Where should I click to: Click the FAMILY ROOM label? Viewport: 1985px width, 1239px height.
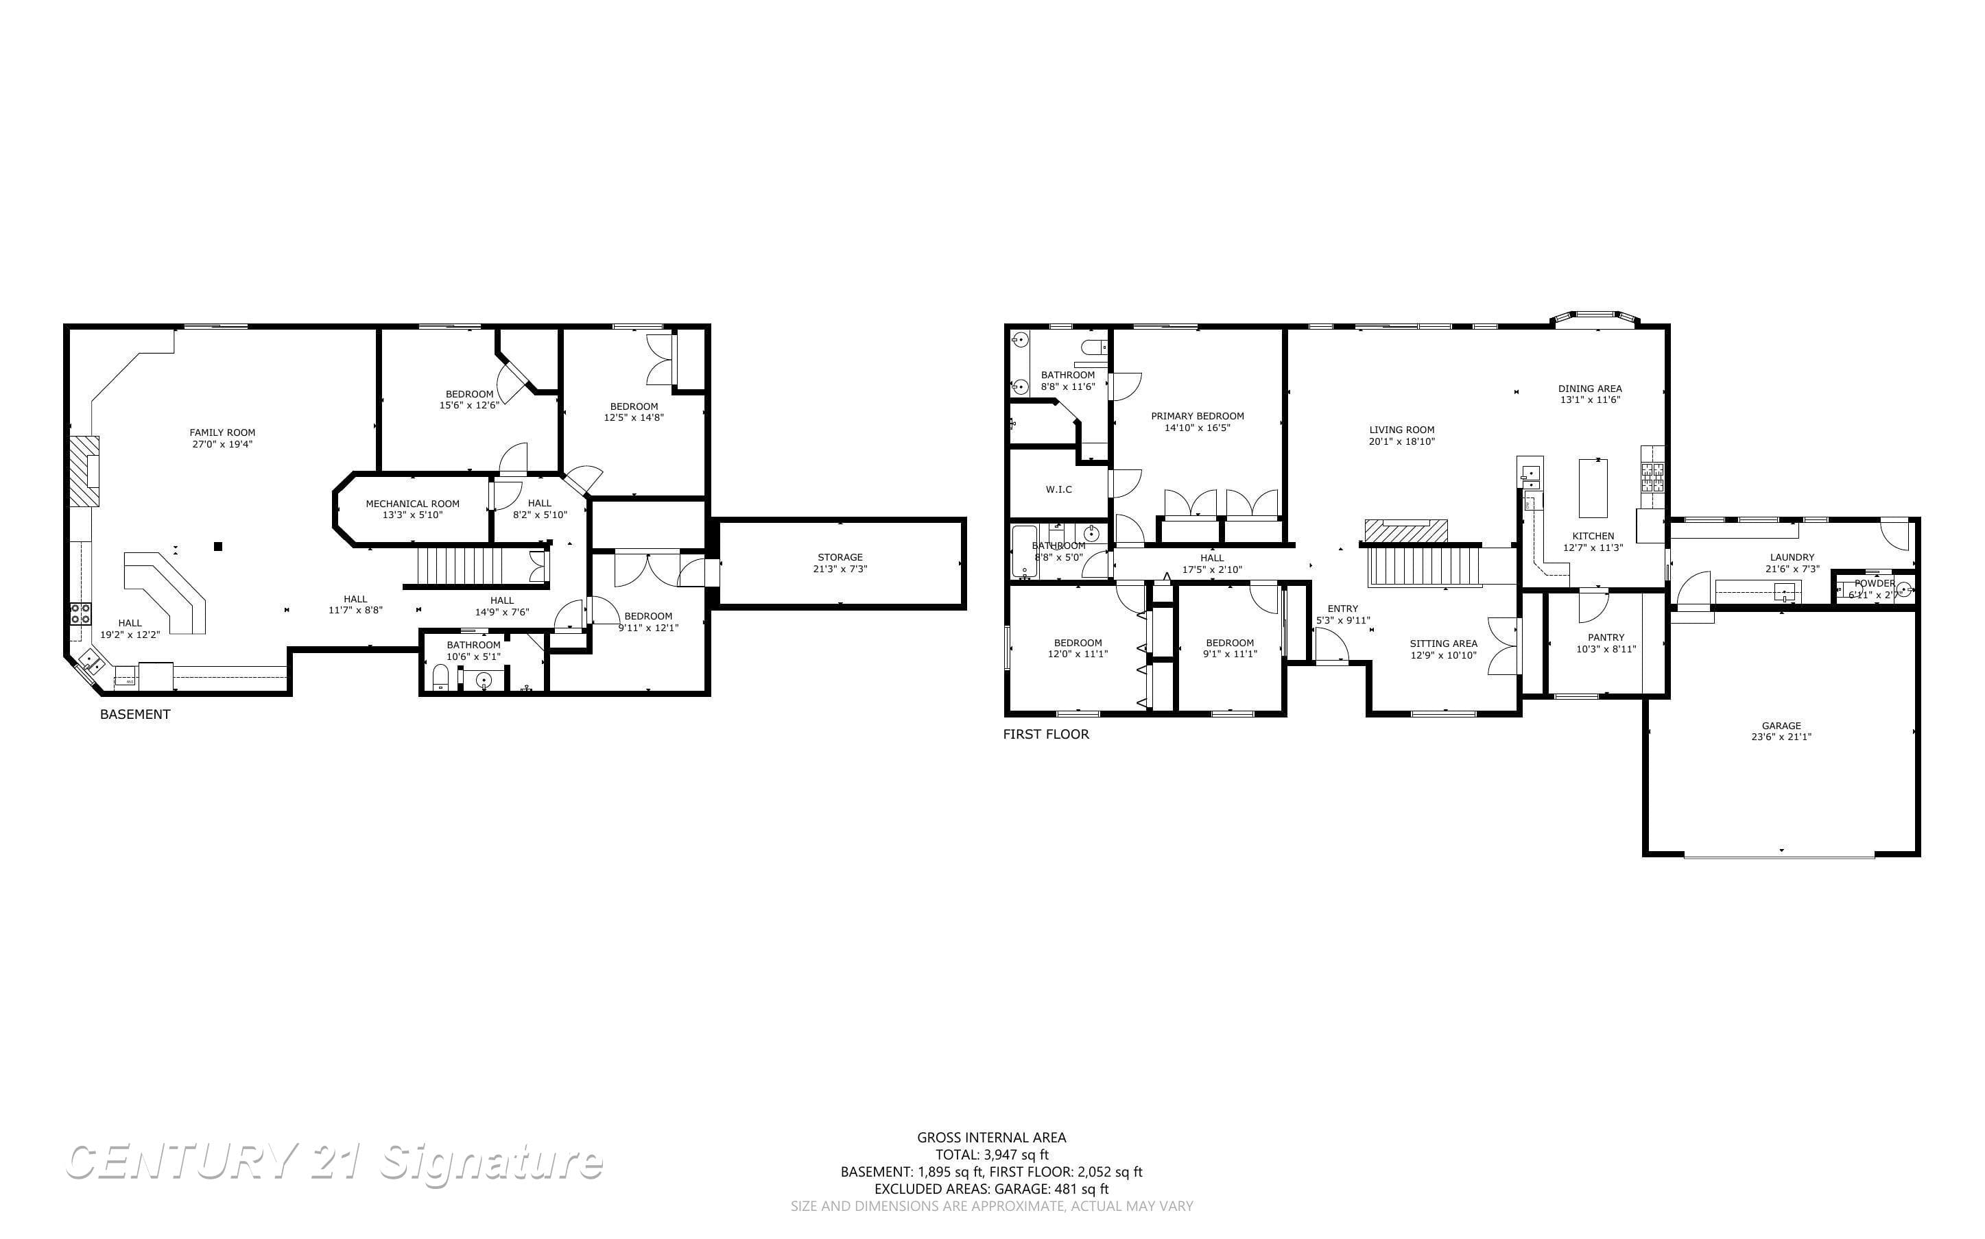[x=222, y=432]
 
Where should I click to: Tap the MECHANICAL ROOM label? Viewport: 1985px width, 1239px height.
[x=412, y=504]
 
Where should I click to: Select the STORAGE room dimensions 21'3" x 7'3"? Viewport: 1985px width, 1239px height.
[x=840, y=569]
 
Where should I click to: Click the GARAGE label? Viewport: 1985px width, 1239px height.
[x=1781, y=725]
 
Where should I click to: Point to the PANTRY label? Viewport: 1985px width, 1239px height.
[x=1606, y=637]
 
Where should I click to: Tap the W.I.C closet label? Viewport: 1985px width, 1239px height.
[x=1058, y=489]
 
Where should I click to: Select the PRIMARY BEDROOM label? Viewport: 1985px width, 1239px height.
[x=1197, y=416]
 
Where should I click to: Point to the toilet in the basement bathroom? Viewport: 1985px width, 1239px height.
[x=440, y=678]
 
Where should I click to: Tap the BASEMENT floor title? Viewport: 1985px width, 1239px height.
[x=135, y=714]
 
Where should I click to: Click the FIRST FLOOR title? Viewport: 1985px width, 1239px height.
[x=1045, y=734]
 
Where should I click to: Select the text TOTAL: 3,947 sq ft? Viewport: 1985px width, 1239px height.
[x=991, y=1155]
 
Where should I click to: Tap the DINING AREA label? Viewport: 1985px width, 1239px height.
[x=1589, y=389]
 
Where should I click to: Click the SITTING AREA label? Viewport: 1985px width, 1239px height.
[x=1443, y=643]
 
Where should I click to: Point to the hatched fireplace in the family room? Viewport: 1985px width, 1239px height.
[x=84, y=472]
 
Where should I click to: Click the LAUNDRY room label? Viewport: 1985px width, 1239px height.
[x=1792, y=557]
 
